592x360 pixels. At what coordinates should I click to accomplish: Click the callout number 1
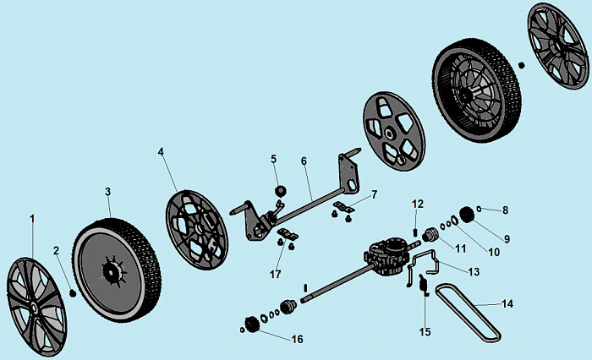[33, 220]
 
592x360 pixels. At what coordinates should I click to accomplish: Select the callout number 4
[161, 152]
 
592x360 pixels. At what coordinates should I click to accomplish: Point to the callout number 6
[303, 160]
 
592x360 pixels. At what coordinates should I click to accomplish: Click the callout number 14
[507, 303]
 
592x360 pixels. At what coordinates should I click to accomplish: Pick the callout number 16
[297, 339]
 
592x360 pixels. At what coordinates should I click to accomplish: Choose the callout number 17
[275, 275]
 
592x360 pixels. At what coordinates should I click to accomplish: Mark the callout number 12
[417, 204]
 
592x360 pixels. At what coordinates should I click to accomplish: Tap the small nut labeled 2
[73, 292]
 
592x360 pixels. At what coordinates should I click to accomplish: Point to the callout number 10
[494, 251]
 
